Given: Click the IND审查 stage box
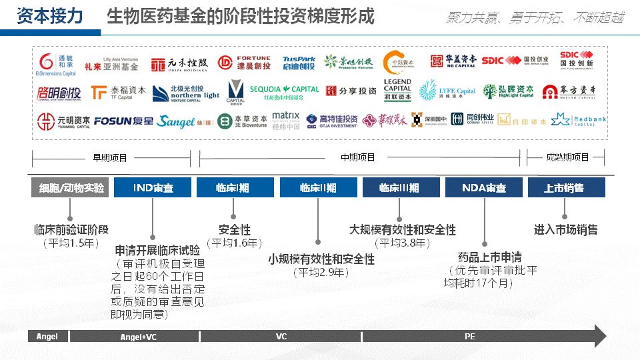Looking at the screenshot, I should [153, 188].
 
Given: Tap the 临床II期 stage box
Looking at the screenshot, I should [318, 188].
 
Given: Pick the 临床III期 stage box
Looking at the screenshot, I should [400, 188].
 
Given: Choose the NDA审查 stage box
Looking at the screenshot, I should [484, 188].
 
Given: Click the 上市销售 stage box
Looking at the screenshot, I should [566, 188].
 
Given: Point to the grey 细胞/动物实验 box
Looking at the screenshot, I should [69, 188].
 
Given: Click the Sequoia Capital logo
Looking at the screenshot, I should [285, 92].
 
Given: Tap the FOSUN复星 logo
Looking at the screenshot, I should [123, 121].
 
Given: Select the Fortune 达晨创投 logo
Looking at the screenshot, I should [244, 63].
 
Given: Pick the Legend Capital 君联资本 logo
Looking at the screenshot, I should [397, 91].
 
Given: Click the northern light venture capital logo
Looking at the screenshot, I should [185, 93].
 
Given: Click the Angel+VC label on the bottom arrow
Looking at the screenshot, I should [138, 337].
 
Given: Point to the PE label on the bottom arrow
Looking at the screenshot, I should [470, 337].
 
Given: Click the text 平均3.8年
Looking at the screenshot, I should [400, 243].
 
